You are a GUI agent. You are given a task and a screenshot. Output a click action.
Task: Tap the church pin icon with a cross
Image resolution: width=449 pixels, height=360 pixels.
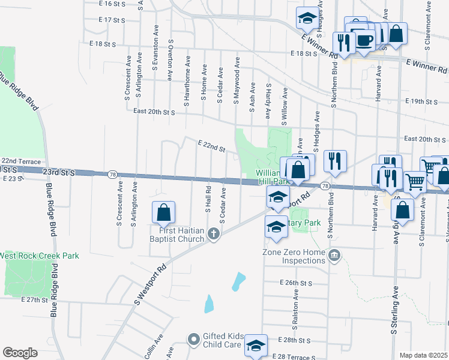(214, 234)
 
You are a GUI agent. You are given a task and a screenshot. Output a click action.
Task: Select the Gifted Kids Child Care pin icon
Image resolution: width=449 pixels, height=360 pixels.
(193, 341)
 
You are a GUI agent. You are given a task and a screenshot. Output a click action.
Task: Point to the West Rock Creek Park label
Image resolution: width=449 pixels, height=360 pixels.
(39, 256)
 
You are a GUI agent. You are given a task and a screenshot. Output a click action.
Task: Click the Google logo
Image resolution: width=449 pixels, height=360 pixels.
(20, 353)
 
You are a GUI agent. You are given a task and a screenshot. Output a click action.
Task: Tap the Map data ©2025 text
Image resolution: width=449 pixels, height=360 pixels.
(424, 355)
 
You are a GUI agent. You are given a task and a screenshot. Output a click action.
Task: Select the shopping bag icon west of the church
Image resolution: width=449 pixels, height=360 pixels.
(163, 212)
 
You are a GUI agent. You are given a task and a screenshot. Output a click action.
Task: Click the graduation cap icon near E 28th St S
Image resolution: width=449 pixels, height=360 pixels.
(256, 345)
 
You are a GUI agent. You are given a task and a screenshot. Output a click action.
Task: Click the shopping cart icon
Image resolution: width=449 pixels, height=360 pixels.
(415, 182)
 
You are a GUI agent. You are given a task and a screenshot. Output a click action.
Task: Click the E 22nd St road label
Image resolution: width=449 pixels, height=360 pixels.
(211, 145)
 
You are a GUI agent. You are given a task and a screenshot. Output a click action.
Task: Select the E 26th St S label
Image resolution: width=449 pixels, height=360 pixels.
(297, 282)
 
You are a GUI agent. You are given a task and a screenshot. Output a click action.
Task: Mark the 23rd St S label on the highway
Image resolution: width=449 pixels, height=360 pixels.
(59, 172)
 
